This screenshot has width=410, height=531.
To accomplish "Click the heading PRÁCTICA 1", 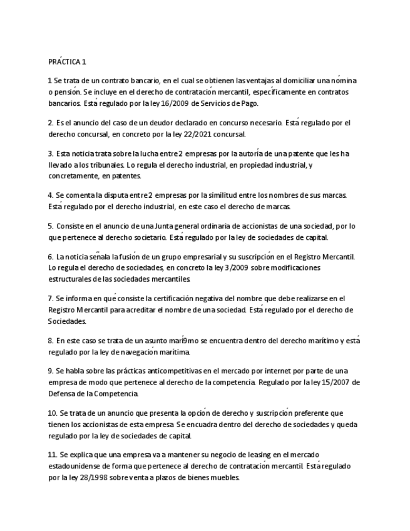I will [x=67, y=61].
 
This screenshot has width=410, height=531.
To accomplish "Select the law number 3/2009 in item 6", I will [x=234, y=267].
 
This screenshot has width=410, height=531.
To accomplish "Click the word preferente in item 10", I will [x=315, y=413].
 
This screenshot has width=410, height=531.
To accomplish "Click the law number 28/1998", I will [x=90, y=477].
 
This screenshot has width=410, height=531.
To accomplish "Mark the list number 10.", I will [x=53, y=413].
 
